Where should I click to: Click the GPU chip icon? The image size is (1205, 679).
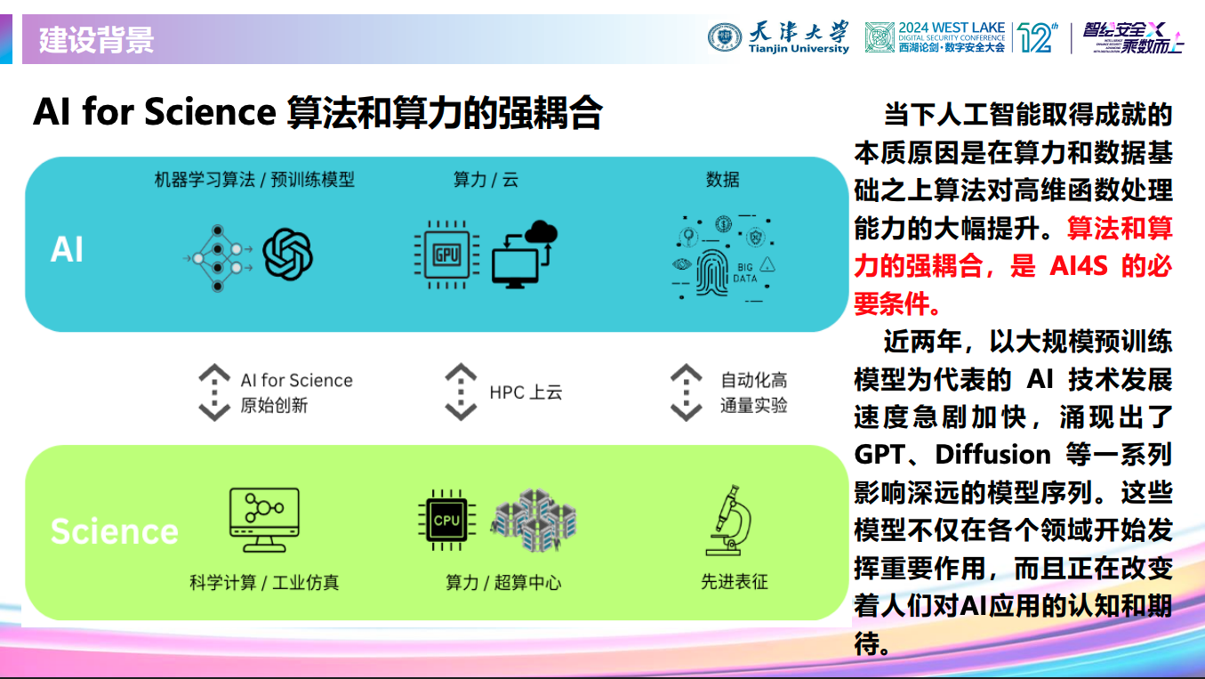[x=446, y=255]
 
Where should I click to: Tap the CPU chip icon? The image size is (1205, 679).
[x=446, y=520]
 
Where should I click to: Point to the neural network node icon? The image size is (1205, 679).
[x=218, y=258]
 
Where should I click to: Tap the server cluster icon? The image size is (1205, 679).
[x=534, y=521]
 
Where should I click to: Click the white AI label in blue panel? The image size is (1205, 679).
[x=68, y=250]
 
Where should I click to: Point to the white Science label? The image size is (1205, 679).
[x=114, y=531]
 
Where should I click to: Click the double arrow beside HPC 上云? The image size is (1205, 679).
[x=461, y=392]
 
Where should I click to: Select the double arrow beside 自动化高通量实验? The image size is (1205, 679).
[x=686, y=392]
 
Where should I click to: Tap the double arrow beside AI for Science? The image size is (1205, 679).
[x=214, y=392]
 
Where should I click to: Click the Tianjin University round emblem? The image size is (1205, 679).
[x=725, y=37]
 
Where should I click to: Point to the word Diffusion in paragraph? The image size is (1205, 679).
[x=994, y=455]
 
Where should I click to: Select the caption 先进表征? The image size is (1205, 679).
[x=734, y=582]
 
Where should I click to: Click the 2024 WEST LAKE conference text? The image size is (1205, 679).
[x=951, y=28]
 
